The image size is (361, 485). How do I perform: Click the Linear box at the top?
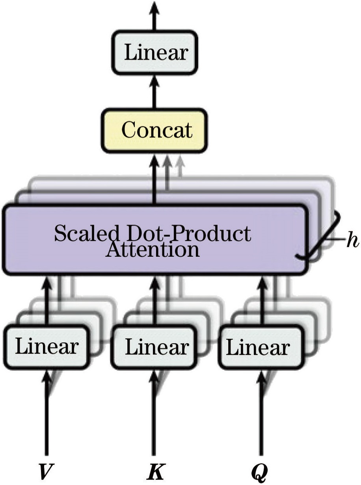[155, 53]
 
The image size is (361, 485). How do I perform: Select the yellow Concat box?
[154, 131]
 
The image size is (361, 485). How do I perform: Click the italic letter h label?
[352, 239]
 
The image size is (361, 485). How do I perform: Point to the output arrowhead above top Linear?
[154, 8]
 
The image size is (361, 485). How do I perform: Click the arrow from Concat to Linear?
[154, 92]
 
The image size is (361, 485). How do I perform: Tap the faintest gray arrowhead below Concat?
[180, 161]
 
